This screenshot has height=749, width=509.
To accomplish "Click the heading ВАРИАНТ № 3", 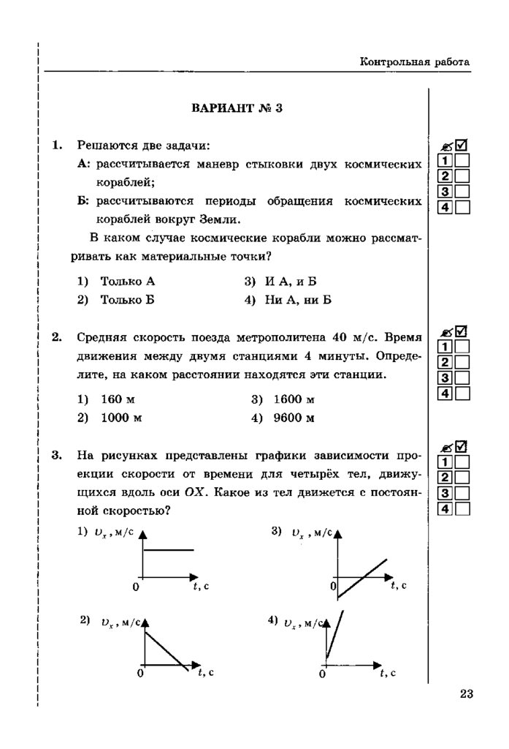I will click(x=237, y=109).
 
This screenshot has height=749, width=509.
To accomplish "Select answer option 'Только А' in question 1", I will click(x=127, y=280).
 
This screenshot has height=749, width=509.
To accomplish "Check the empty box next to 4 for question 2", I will click(x=462, y=394).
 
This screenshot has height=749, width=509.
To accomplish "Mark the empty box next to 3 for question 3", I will click(x=462, y=492).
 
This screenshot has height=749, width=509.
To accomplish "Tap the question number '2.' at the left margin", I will click(x=56, y=337).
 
